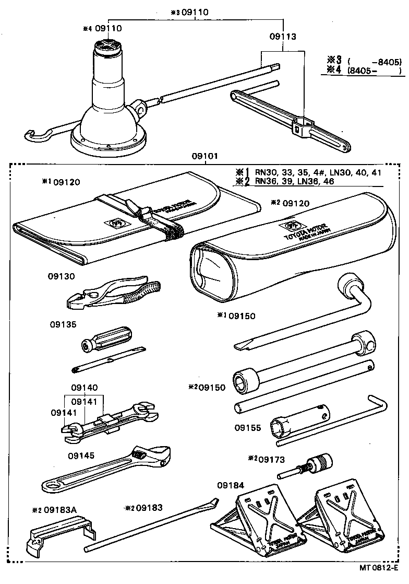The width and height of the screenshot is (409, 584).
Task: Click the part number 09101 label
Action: pyautogui.click(x=204, y=156)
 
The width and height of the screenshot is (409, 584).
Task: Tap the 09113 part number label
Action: pyautogui.click(x=283, y=37)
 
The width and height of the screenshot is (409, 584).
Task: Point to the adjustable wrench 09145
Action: pyautogui.click(x=110, y=468)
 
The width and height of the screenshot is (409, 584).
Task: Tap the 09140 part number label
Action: pyautogui.click(x=83, y=388)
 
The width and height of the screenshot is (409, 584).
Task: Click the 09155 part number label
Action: pyautogui.click(x=247, y=427)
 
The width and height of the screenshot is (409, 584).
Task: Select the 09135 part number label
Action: pyautogui.click(x=63, y=324)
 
